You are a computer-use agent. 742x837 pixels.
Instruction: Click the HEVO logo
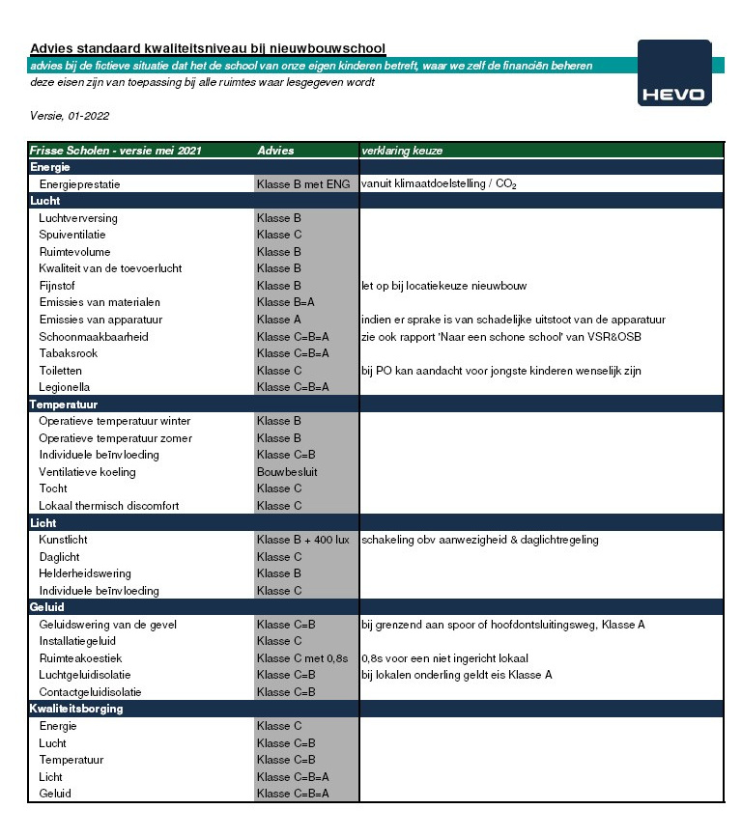pos(674,73)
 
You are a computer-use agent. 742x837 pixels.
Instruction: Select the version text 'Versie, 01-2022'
pos(70,116)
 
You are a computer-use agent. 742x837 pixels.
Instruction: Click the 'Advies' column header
pos(275,151)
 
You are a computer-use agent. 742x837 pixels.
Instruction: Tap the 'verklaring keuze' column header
pos(402,151)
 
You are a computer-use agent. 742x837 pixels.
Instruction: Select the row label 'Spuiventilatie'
pos(72,235)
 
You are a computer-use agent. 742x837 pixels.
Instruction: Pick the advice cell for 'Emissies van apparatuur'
pos(280,320)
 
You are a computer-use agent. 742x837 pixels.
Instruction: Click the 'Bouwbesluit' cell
pos(287,472)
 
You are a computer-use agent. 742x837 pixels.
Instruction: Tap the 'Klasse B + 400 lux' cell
pos(303,540)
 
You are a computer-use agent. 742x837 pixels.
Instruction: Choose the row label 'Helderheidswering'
pos(85,573)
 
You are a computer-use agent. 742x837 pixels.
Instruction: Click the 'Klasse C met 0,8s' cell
pos(301,658)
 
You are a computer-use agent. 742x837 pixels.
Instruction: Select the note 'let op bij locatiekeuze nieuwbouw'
pos(444,286)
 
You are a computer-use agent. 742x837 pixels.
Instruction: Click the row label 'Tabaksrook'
pos(68,353)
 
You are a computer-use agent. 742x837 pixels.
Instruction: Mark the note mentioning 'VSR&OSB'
pos(501,337)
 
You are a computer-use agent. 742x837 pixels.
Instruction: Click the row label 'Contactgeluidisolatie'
pos(90,692)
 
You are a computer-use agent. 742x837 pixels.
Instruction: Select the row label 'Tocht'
pos(53,488)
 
